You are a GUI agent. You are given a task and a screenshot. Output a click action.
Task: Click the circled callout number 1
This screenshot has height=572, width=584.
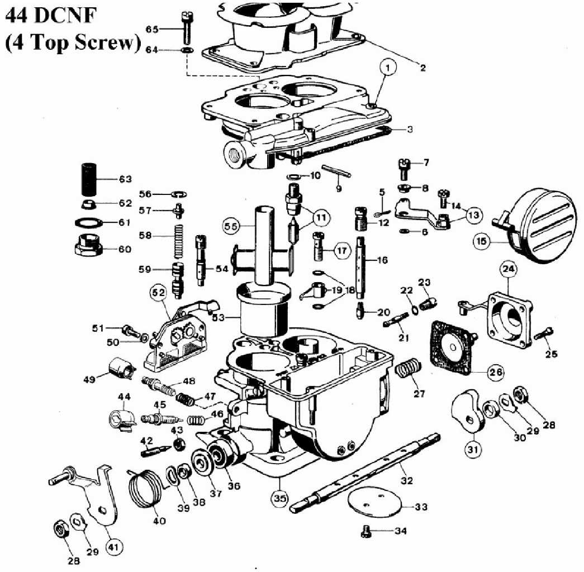[x=388, y=68]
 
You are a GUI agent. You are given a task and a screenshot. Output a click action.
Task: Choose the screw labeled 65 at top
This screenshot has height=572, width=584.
[x=186, y=27]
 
